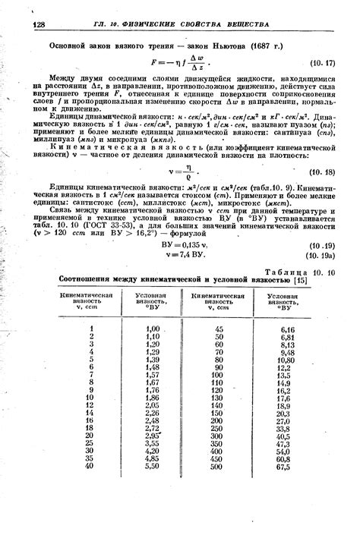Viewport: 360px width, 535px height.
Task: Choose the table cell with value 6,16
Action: click(286, 329)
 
